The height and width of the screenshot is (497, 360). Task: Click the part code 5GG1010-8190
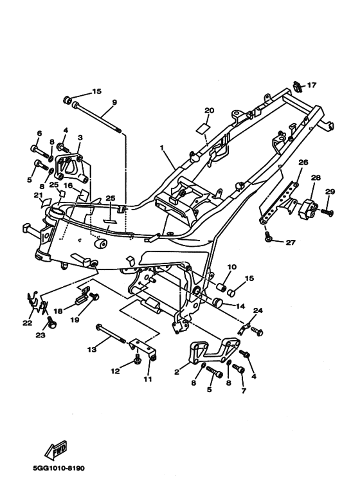click(59, 468)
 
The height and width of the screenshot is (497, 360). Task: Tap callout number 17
click(312, 85)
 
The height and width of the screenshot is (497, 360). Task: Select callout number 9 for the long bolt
click(114, 102)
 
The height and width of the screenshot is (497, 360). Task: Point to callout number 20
click(209, 111)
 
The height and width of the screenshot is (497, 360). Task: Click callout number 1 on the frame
click(162, 148)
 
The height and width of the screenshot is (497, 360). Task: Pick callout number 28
click(316, 177)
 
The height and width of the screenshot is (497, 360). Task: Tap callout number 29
click(330, 192)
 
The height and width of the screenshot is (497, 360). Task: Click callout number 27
click(291, 242)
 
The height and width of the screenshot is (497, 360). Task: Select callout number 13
click(92, 350)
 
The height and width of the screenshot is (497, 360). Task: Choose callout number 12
click(115, 371)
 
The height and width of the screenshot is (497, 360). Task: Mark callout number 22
click(28, 323)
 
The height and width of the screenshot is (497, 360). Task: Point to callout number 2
click(177, 372)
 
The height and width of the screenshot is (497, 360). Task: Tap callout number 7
click(244, 391)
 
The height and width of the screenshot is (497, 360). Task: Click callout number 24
click(258, 311)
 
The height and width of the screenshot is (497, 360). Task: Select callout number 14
click(240, 306)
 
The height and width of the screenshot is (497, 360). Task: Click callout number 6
click(39, 134)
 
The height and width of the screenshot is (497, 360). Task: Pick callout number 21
click(38, 195)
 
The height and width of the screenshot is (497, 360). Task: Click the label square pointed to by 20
click(203, 127)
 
